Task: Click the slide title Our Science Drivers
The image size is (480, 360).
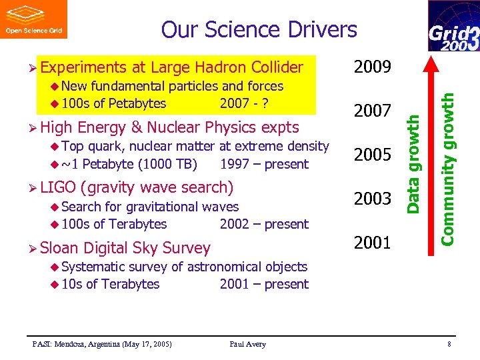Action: [x=259, y=29]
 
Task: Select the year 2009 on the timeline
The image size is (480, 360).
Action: [x=373, y=67]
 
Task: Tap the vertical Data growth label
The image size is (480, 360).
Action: [x=414, y=164]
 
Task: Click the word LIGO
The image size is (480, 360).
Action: [x=57, y=187]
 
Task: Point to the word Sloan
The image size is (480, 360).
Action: [x=59, y=248]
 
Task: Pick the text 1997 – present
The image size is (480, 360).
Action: [x=264, y=164]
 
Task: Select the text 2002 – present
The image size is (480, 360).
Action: [x=264, y=224]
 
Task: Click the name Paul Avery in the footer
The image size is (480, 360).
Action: [x=247, y=344]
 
